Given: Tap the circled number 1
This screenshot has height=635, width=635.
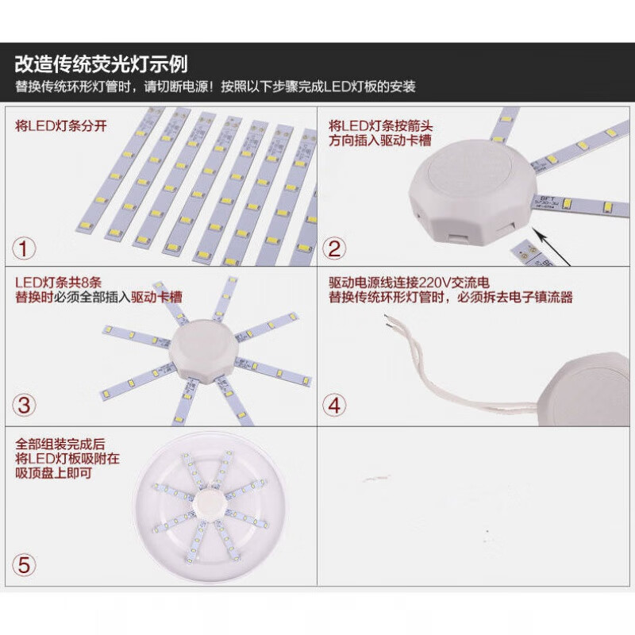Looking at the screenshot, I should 25,248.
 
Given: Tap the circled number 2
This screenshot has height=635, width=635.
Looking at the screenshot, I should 335,248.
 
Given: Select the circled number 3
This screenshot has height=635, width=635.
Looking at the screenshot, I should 25,405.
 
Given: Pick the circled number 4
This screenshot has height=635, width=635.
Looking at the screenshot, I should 335,405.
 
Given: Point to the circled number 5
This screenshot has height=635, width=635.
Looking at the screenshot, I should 25,565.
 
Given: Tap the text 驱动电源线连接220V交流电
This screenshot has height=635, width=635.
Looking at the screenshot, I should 410,283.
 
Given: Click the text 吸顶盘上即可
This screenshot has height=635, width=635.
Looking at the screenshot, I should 53,473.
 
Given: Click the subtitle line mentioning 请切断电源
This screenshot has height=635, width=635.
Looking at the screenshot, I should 215,87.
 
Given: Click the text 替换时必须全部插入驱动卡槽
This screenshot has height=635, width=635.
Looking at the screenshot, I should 99,298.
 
